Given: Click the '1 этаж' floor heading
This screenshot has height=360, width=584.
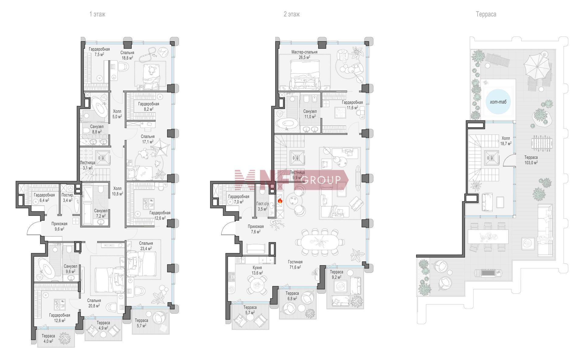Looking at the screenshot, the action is coord(97,14).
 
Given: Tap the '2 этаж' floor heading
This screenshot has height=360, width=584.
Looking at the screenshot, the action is coord(292,14).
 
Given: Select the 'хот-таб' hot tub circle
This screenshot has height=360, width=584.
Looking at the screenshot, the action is coord(498,102).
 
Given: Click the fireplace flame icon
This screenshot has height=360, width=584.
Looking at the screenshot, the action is coord(280,201).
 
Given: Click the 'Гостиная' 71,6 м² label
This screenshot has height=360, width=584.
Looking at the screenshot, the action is coord(295,264).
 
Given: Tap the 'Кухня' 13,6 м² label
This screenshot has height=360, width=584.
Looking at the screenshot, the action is coord(257,270).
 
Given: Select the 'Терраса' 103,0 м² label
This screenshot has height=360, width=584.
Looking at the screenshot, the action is coord(531,160).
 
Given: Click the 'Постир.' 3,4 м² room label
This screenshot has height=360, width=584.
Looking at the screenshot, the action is coord(67,197).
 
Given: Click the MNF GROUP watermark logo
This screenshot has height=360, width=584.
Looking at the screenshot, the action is coord(291,180).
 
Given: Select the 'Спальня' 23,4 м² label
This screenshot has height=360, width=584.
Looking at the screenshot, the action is coord(146,246).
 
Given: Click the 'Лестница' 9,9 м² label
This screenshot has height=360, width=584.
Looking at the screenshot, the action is coord(297,175).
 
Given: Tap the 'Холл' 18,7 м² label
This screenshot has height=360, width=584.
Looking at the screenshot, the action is coord(506,141).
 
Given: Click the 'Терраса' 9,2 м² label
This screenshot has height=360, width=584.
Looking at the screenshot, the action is coord(336,274).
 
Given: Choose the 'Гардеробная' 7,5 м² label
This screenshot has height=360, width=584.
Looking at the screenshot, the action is coord(99,52).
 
